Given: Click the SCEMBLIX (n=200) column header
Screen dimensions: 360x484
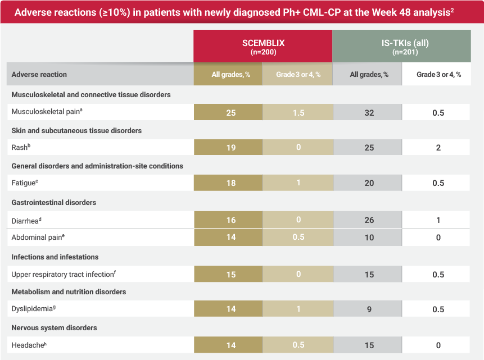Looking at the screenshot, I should tap(263, 46).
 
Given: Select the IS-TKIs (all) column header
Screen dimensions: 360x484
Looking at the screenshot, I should tap(401, 46).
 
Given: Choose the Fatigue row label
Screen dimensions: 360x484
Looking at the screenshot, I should tap(24, 183).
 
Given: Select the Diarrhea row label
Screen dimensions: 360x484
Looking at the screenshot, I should tap(26, 220).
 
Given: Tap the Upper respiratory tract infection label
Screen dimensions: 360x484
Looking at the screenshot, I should tap(63, 274).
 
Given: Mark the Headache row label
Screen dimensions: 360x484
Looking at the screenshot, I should tap(28, 345).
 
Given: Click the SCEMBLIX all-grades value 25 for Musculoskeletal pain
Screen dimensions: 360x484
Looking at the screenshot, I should tap(231, 113).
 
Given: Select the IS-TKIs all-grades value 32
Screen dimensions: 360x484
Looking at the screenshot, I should tap(369, 113).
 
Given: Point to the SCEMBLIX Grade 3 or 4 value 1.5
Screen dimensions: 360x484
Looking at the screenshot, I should tap(298, 113).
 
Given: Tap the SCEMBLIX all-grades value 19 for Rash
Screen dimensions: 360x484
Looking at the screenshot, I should tap(231, 148).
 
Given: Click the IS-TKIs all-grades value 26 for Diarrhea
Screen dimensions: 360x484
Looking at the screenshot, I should tap(369, 220).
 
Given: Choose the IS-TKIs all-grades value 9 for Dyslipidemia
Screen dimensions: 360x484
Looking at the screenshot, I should tap(369, 309).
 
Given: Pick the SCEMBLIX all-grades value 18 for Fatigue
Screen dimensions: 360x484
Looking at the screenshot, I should tap(231, 183).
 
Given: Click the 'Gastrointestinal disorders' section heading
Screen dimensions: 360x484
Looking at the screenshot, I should tap(53, 203).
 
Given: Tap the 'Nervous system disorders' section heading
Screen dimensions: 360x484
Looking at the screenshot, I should tap(54, 327).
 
